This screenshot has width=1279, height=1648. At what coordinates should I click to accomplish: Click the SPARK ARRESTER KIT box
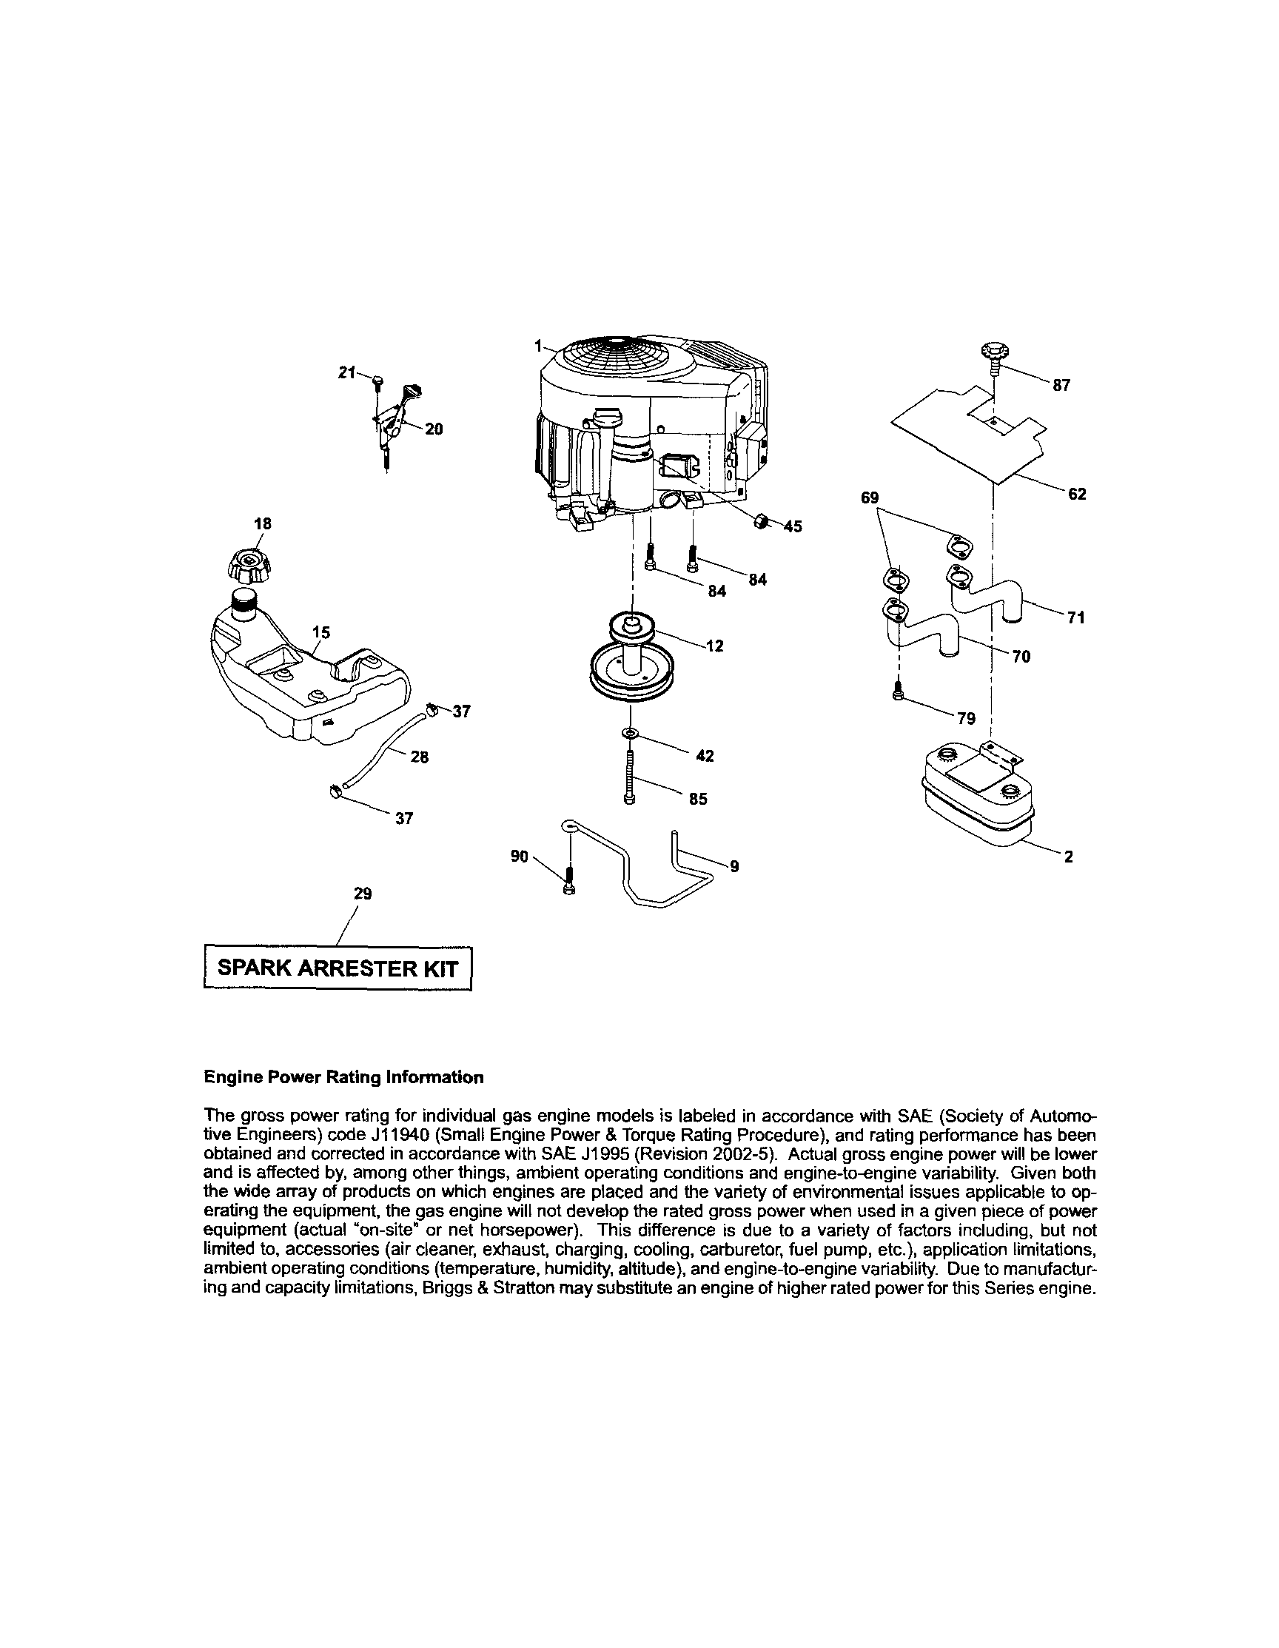338,969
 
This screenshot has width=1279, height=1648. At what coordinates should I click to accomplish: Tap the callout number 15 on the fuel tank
321,632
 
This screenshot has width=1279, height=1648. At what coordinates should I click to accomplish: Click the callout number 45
793,526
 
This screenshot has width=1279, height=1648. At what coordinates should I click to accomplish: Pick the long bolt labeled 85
631,777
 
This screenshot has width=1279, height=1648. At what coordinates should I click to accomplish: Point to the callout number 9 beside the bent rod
734,868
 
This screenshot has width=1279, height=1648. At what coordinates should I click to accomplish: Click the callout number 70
1021,657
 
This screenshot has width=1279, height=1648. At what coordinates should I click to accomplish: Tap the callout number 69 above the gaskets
870,498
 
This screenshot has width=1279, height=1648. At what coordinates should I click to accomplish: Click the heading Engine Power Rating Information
343,1077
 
